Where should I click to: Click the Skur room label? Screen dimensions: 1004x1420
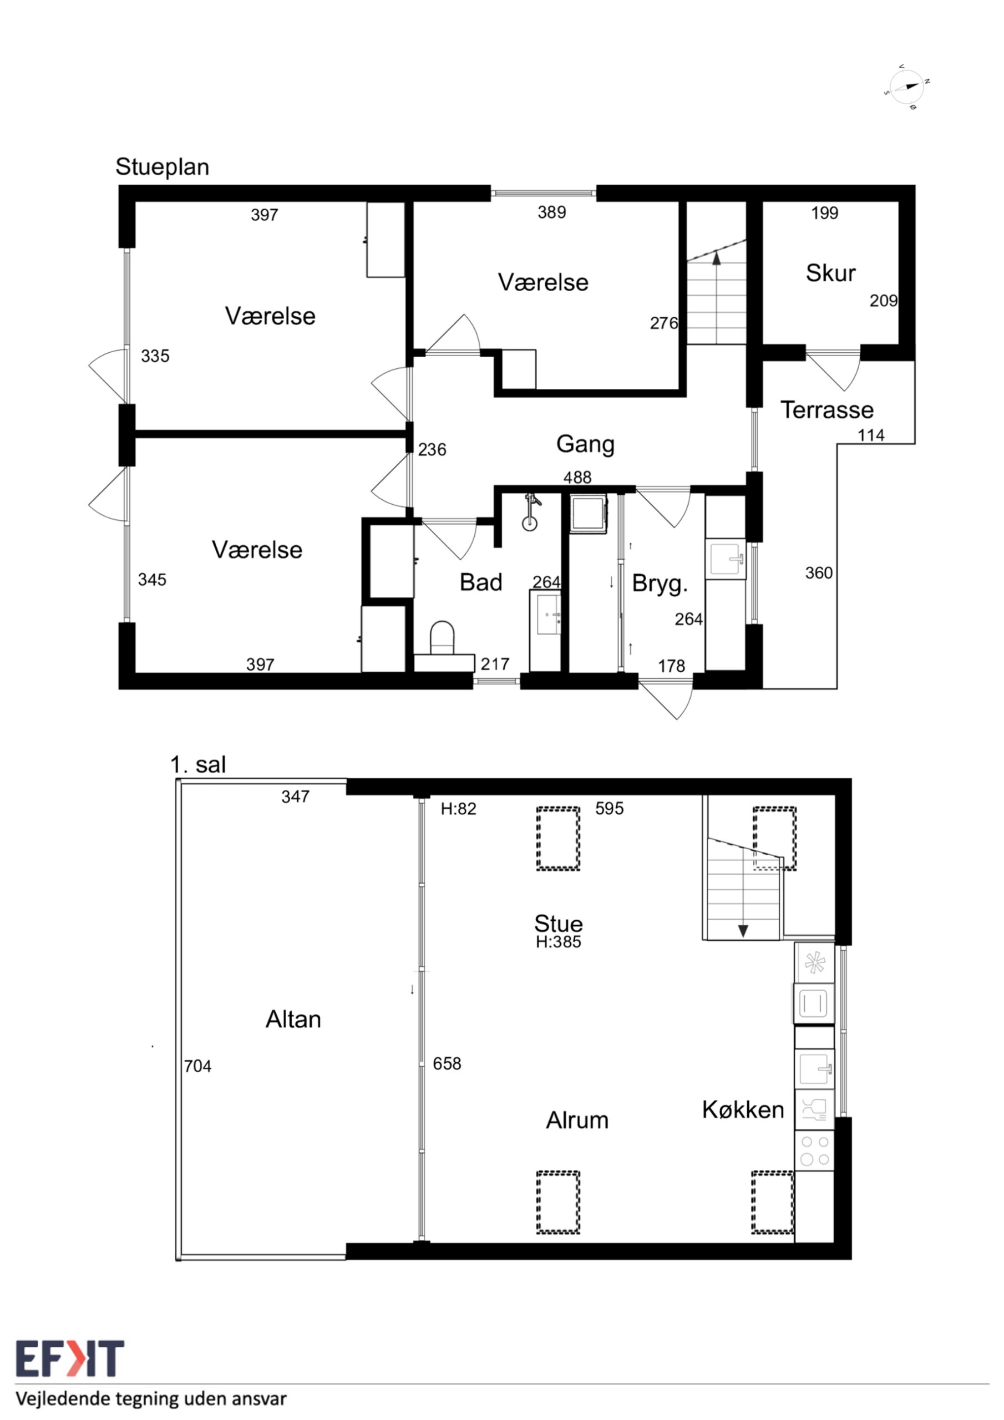pos(830,273)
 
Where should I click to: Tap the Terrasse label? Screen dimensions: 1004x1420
pos(826,409)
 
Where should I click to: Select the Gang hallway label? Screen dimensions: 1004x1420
pos(585,444)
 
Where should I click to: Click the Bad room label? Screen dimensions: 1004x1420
pos(481,582)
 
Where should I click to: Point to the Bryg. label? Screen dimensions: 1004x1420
pos(660,584)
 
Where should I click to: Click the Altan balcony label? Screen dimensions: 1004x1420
pos(293,1018)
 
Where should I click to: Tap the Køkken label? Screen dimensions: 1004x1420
pos(743,1109)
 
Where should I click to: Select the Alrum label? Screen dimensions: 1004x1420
pos(577,1120)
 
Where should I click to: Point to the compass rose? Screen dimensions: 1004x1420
pos(907,87)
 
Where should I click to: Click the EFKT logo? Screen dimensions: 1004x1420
pos(69,1359)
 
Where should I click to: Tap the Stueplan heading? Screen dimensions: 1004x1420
pos(162,167)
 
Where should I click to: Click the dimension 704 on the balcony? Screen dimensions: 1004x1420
pos(197,1066)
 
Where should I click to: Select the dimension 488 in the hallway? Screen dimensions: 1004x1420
pos(577,477)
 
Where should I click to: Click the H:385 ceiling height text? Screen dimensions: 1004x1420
pos(558,942)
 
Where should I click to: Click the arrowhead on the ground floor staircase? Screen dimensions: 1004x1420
pos(716,258)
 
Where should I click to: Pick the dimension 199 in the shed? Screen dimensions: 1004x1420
pos(825,213)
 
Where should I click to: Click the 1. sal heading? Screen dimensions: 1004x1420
pos(198,764)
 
